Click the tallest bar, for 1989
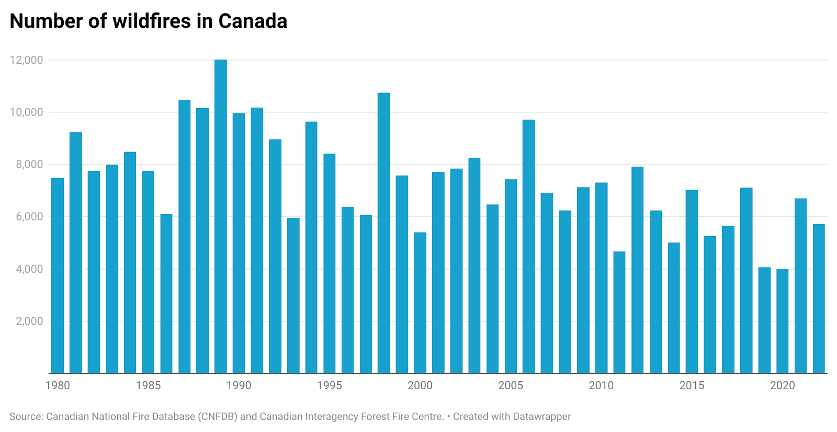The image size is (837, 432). point(221,216)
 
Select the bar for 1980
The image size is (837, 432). point(58,275)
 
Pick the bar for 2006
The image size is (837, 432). point(528,246)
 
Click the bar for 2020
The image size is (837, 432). point(782,321)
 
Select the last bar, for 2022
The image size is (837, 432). point(819,298)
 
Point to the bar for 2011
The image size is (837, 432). point(619,312)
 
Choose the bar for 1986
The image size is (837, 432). point(166,293)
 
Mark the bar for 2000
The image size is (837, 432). point(420,302)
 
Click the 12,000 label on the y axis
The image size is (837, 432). point(26,60)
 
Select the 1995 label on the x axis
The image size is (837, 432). point(330,386)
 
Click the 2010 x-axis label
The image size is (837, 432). point(601,386)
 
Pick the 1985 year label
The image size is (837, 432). point(148,386)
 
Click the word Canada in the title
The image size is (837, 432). point(253,21)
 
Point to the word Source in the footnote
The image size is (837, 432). point(25,417)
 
